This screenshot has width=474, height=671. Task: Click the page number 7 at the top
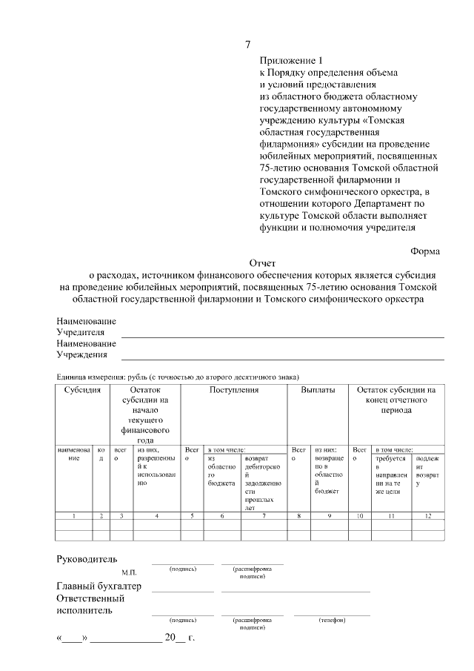(248, 44)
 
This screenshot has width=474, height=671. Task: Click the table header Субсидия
(82, 389)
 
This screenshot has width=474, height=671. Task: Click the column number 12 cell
(428, 515)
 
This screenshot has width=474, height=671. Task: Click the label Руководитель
(87, 558)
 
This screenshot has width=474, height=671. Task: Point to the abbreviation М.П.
(130, 572)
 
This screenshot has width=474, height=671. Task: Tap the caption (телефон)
(332, 619)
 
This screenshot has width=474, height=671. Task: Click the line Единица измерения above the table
(178, 377)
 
